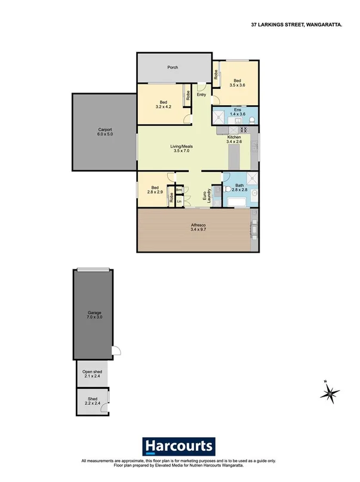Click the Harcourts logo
point(179,446)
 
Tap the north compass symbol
point(328,392)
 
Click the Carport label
point(106,132)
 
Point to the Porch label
point(174,68)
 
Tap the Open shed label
point(92,374)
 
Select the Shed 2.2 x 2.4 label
point(92,401)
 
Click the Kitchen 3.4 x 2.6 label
point(234,139)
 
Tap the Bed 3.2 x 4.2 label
point(163,104)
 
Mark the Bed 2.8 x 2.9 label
point(155,189)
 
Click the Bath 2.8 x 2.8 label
point(239,188)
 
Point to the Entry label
point(201,94)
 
